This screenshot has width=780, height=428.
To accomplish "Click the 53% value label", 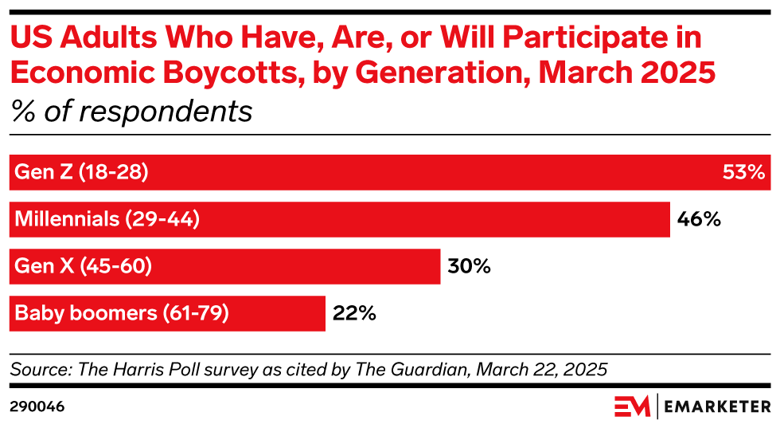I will (743, 172).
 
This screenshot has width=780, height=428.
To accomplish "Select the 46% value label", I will (698, 219).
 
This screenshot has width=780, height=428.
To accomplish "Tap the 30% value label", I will (469, 266).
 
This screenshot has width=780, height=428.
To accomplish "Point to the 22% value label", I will (353, 313).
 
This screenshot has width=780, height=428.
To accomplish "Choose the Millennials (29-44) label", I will (107, 219).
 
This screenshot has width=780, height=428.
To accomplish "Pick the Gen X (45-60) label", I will (84, 266).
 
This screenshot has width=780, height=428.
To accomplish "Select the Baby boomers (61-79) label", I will (122, 313).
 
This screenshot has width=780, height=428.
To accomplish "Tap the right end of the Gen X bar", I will (439, 266).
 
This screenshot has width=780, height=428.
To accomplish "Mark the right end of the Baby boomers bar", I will (324, 313).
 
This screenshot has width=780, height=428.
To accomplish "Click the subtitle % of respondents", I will (131, 112).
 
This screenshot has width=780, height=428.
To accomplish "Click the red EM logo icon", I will (632, 406).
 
